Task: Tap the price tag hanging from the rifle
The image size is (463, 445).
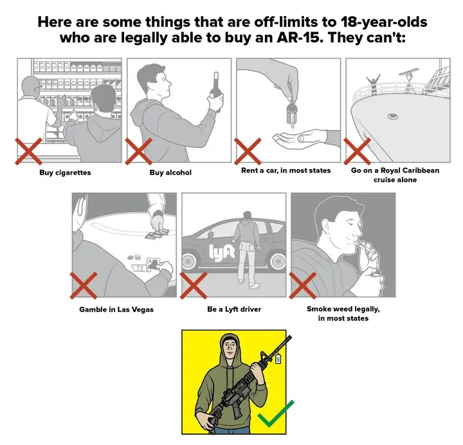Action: tap(278, 359)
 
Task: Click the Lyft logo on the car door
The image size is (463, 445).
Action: tap(222, 253)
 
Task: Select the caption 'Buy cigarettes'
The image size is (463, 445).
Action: tap(65, 172)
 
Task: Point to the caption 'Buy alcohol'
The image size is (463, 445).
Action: tap(170, 172)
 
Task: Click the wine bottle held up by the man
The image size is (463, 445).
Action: tap(215, 91)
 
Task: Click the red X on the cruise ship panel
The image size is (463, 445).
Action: tap(358, 151)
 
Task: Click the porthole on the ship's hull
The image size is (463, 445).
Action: tap(393, 116)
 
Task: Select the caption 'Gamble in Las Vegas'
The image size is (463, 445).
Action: tap(116, 309)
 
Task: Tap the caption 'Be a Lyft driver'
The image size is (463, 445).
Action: tap(234, 309)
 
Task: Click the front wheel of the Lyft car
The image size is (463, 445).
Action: tap(188, 261)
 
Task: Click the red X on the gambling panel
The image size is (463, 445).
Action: tap(84, 286)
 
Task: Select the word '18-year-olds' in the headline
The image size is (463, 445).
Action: tap(384, 22)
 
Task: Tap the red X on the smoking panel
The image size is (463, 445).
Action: tap(303, 286)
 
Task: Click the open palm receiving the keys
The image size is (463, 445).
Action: tap(298, 138)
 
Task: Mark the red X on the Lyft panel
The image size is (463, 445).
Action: tap(194, 286)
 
